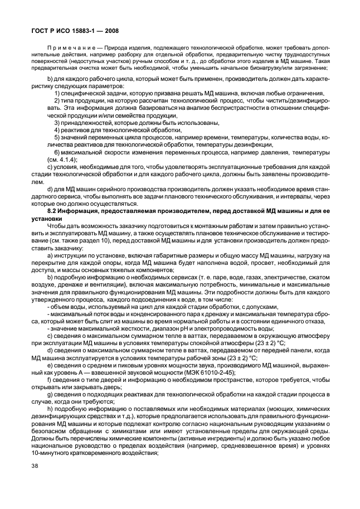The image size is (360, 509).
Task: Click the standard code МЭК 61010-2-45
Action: tap(209, 372)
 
